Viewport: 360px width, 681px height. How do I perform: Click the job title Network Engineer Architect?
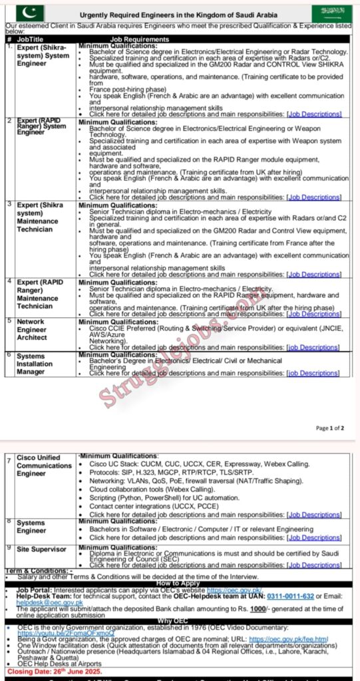33,329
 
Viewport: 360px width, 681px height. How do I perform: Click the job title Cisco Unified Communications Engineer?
44,466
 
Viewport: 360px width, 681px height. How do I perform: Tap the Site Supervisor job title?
41,549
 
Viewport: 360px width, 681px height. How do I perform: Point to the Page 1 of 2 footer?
330,428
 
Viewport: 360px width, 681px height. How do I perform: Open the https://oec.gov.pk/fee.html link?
299,639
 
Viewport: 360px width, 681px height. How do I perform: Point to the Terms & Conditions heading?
39,571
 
